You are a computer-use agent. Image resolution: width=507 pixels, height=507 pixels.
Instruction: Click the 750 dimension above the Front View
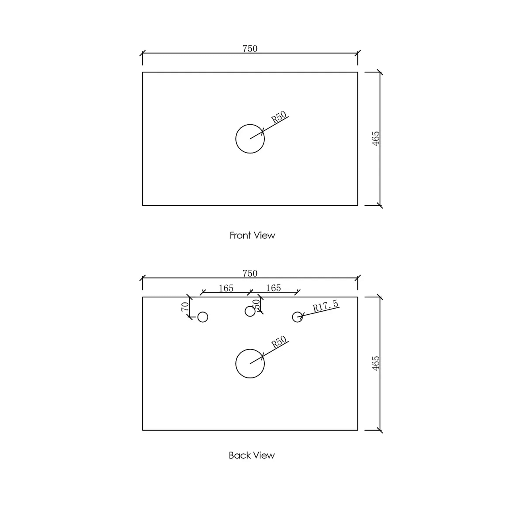[250, 49]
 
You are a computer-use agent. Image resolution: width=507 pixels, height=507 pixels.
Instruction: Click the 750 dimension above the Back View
[250, 273]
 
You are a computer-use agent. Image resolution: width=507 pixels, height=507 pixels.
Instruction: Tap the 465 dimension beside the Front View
[376, 138]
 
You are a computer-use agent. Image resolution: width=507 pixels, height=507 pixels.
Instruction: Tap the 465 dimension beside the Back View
[376, 363]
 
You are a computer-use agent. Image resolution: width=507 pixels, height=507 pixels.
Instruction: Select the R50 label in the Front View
[278, 117]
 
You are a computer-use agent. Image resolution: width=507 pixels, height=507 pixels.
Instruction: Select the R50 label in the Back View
[278, 342]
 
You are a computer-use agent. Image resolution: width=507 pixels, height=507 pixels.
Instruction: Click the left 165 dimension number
[226, 288]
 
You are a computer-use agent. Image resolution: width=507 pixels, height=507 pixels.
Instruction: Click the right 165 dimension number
[273, 288]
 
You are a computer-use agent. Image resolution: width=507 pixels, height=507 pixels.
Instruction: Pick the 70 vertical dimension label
[185, 307]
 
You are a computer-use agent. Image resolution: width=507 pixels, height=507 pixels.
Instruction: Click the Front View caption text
[252, 235]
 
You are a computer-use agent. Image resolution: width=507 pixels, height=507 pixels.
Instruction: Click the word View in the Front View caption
[264, 235]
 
